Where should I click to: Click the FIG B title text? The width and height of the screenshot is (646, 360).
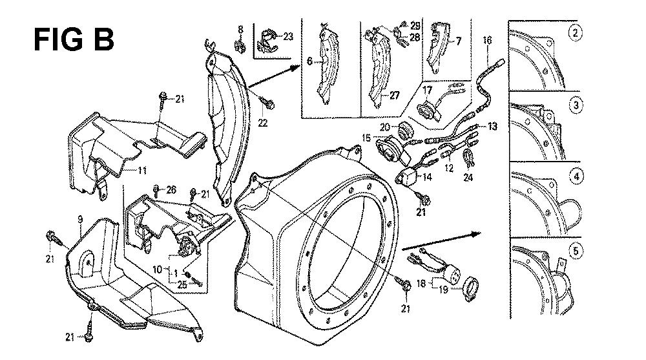point(74,39)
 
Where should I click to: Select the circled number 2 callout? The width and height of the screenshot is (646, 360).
point(574,33)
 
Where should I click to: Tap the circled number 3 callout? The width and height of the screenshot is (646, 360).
point(574,105)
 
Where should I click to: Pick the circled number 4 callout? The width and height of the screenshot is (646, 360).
point(574,176)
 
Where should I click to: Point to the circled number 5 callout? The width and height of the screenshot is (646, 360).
point(574,249)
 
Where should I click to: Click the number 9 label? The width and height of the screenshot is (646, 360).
point(79,221)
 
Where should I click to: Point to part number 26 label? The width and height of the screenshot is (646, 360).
point(171,189)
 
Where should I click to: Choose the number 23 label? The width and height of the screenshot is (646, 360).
point(287,37)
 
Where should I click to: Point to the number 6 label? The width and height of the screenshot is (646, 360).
point(309,61)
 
